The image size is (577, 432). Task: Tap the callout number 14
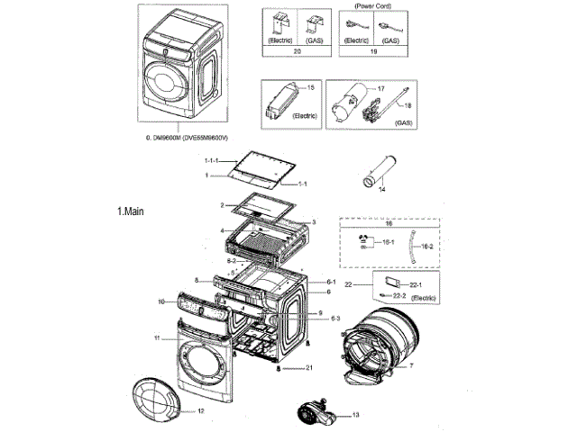point(380,191)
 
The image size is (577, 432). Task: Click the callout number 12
point(201,410)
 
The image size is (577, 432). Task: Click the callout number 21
point(308,368)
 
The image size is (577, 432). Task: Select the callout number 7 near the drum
point(411,366)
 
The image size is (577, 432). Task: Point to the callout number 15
point(311,87)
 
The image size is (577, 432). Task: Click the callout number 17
point(380,89)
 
